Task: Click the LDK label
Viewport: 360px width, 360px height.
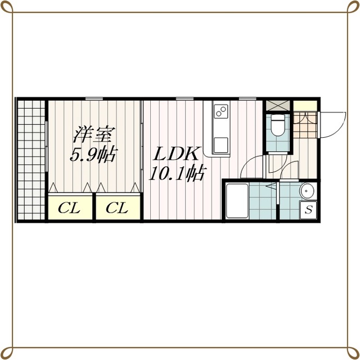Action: tap(176, 154)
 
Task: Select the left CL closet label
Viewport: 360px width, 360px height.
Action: tap(69, 208)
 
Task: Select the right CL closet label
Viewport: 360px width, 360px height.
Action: tap(117, 208)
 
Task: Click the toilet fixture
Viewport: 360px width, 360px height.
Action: tap(278, 125)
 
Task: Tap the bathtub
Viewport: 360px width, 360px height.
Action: tap(237, 201)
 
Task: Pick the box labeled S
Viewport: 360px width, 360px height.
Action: tap(308, 210)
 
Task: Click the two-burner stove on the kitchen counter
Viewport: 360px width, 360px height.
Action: tap(221, 111)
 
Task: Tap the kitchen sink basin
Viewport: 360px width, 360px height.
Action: tap(221, 145)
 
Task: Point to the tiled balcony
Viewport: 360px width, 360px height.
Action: tap(31, 160)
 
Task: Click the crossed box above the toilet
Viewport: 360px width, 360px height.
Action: tap(278, 106)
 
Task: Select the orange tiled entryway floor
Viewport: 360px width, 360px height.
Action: tap(305, 125)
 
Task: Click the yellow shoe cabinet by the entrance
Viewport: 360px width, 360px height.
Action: tap(305, 106)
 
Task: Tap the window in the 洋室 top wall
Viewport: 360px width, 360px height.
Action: tap(94, 99)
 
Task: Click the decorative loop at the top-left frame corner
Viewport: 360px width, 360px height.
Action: tap(7, 7)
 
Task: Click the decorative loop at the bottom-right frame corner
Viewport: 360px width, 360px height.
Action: tap(353, 353)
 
